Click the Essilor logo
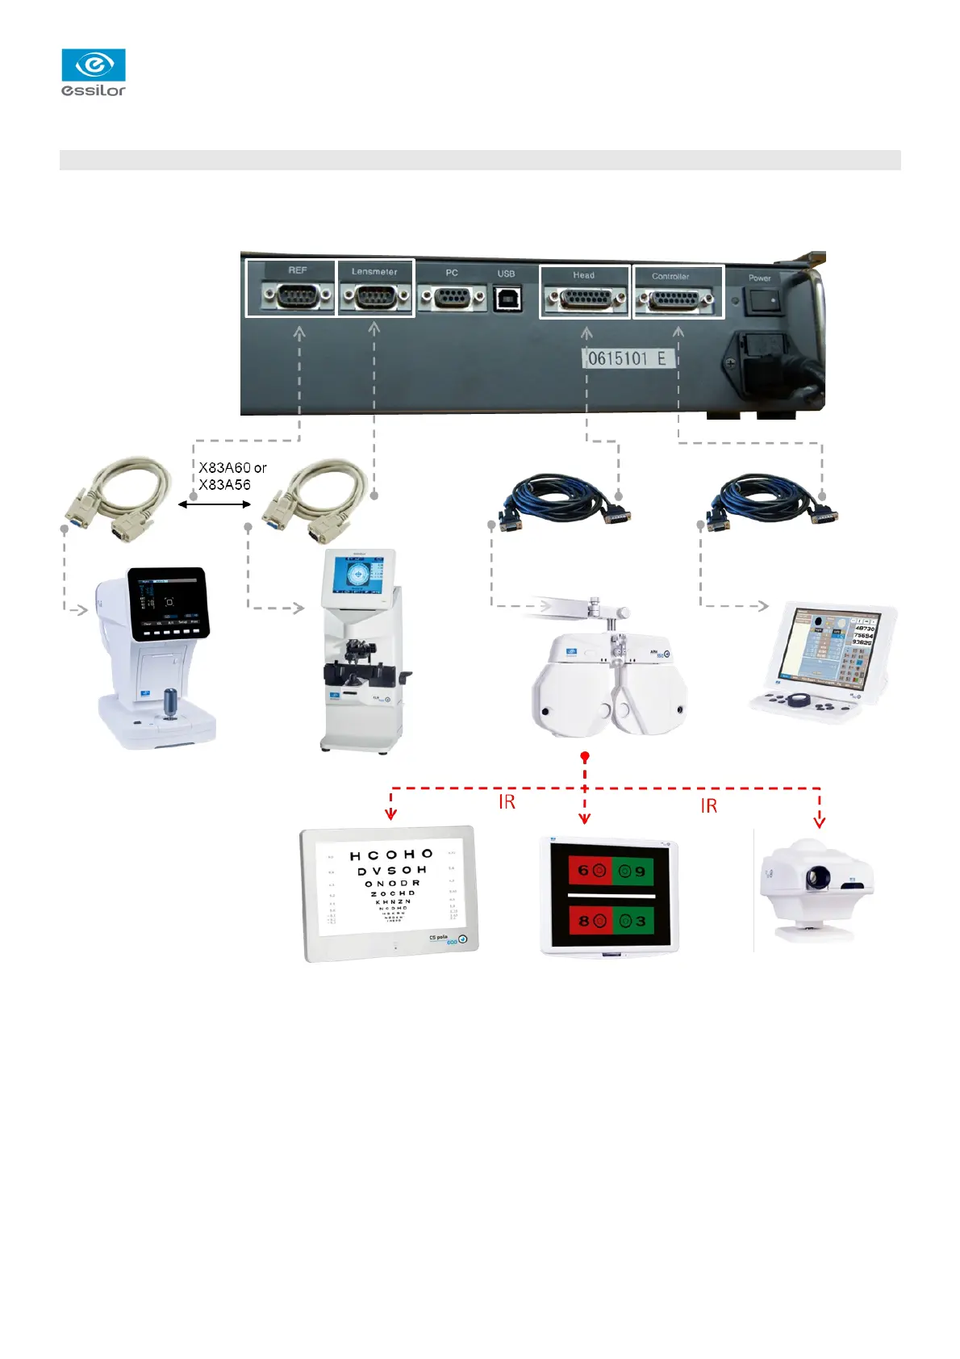point(94,73)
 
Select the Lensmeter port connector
point(374,298)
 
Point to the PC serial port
point(453,299)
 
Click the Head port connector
point(585,301)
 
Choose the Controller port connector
point(676,302)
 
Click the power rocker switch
point(761,301)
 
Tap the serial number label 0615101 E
point(628,358)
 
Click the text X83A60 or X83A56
point(232,476)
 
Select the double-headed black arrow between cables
point(215,504)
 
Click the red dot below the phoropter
point(585,757)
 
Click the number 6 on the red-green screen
point(583,871)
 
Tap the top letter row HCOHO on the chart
point(391,855)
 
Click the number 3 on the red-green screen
point(641,921)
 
